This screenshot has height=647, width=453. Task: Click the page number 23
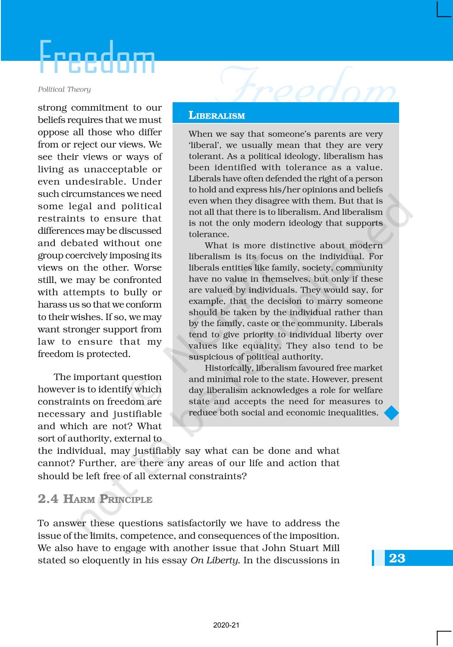[x=397, y=558]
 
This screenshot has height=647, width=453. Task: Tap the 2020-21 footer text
[x=226, y=625]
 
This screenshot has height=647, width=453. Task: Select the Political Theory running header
[x=64, y=89]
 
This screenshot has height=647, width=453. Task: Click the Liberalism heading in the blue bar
[x=217, y=115]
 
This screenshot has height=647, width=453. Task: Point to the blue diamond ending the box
[x=391, y=413]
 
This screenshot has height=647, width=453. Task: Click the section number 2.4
[x=48, y=499]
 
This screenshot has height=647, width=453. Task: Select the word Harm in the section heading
[x=79, y=499]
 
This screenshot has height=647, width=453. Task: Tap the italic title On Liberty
[x=214, y=560]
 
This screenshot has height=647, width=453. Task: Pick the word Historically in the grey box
[x=228, y=368]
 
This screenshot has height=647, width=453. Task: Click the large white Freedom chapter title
[x=97, y=57]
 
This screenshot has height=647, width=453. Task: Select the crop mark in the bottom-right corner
[x=444, y=638]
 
